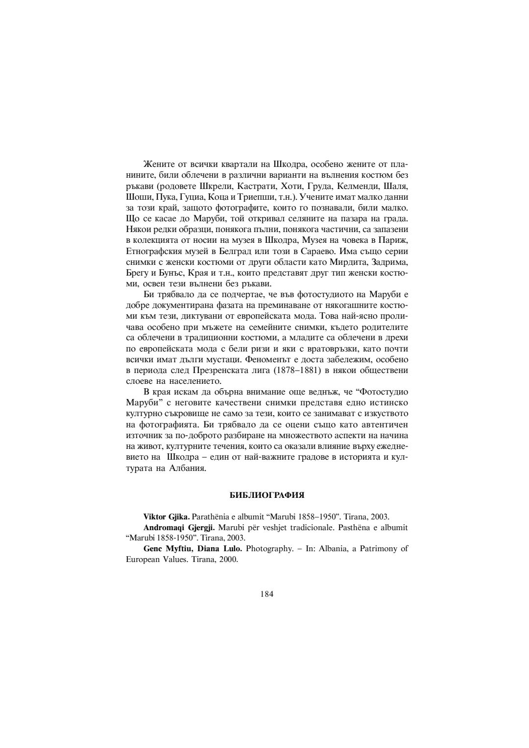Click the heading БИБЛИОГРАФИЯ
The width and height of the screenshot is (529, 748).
tap(267, 495)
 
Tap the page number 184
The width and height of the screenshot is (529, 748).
tap(267, 594)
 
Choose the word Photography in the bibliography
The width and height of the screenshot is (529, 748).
tap(269, 549)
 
